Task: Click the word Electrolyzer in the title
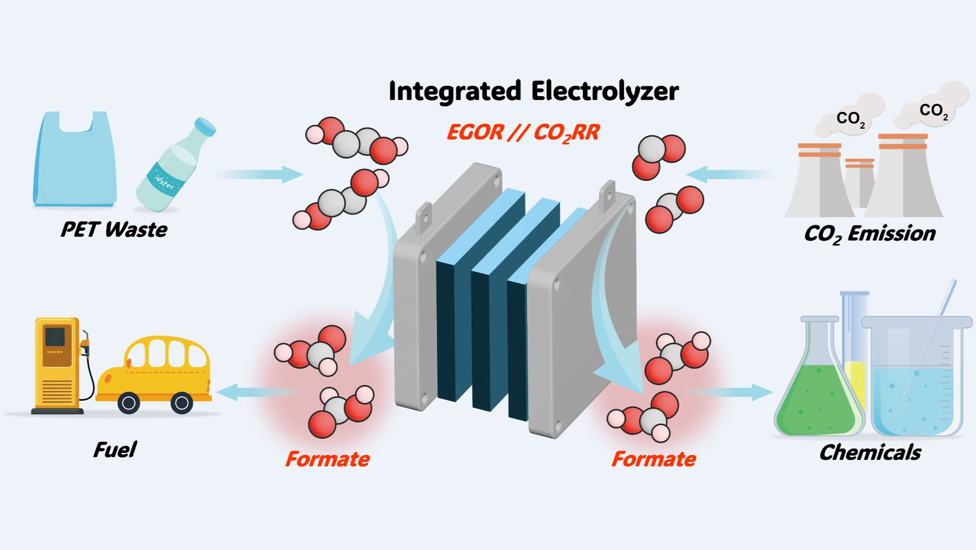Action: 605,91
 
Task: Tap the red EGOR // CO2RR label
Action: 523,132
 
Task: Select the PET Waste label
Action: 114,229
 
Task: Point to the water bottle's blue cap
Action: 206,127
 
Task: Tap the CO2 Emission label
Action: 870,233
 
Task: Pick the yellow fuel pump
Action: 57,364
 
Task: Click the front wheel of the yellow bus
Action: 128,403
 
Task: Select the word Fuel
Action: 114,450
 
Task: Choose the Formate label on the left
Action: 328,459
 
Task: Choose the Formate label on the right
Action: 653,459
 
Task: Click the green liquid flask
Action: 816,396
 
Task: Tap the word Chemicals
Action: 870,452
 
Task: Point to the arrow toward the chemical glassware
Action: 732,392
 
